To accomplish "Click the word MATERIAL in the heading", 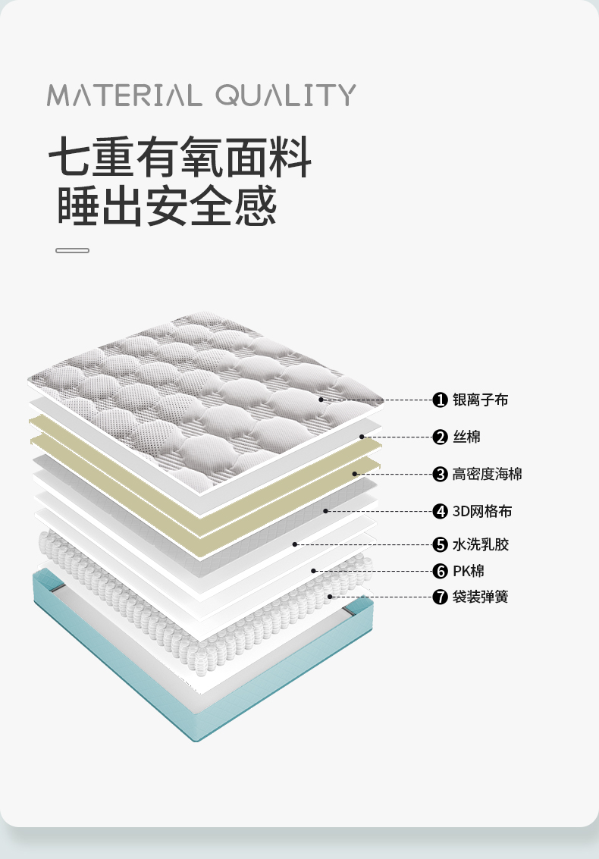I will [124, 95].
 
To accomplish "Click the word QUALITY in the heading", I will [286, 95].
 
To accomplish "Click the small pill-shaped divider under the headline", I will [73, 250].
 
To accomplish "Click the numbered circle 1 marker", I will [440, 400].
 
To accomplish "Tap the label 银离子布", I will [480, 400].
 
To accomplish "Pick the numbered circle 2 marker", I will [440, 437].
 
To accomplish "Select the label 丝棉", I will [466, 437].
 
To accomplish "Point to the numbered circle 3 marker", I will [440, 475].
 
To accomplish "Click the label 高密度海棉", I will [487, 475].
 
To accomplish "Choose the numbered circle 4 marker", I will [440, 511].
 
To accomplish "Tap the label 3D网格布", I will [482, 511].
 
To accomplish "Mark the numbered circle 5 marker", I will [440, 544].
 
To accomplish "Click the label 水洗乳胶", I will [481, 544].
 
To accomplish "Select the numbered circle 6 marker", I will [440, 571].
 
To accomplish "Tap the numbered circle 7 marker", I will [440, 597].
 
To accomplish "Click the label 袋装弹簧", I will [481, 597].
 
